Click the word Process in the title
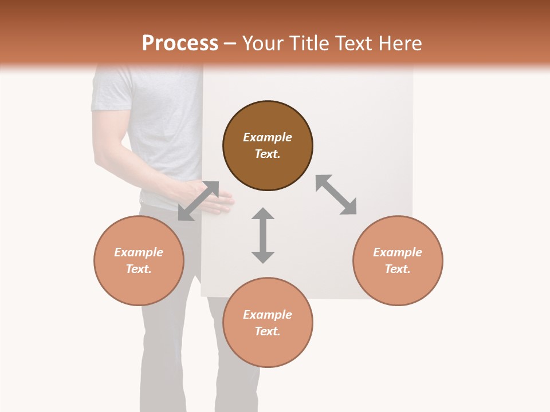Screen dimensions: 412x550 click(180, 43)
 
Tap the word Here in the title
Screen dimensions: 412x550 click(401, 43)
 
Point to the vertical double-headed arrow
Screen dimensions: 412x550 click(263, 235)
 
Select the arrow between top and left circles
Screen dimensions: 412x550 click(198, 201)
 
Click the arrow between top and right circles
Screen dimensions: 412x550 click(336, 195)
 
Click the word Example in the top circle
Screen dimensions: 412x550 click(268, 137)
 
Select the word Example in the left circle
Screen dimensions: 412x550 click(139, 252)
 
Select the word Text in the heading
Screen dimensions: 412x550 click(354, 43)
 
